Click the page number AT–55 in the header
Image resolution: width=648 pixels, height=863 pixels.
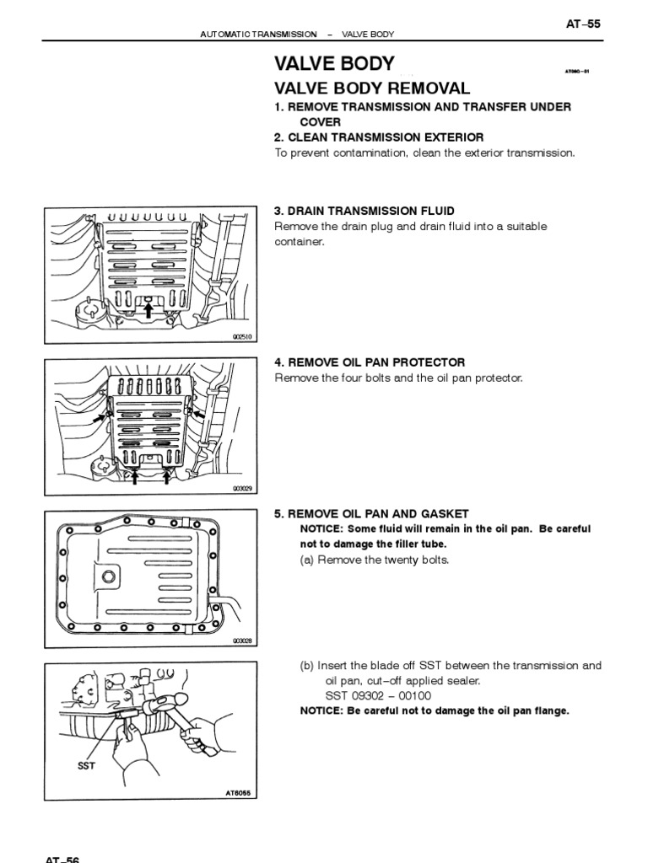tap(583, 24)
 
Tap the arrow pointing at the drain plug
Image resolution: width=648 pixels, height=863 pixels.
tap(148, 310)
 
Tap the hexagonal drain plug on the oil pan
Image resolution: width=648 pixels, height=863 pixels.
tap(109, 577)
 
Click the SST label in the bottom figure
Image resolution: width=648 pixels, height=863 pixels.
tap(87, 766)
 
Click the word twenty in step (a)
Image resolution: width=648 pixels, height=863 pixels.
tap(393, 560)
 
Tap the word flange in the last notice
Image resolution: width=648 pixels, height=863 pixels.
tap(550, 710)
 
